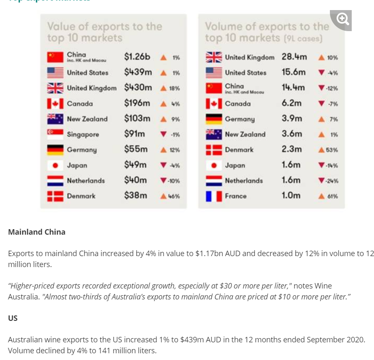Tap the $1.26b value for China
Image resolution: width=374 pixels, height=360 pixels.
click(x=137, y=57)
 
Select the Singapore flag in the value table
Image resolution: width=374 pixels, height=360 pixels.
click(x=55, y=135)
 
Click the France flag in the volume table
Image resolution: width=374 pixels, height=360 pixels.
click(x=214, y=196)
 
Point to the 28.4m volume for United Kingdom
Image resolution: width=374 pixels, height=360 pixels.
click(x=294, y=57)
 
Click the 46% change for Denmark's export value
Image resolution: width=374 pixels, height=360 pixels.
click(x=174, y=196)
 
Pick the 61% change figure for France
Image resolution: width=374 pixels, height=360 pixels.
click(x=332, y=196)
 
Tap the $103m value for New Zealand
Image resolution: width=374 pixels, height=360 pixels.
click(x=137, y=119)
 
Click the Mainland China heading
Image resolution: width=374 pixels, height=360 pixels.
click(x=37, y=232)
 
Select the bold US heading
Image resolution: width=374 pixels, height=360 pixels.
click(x=13, y=318)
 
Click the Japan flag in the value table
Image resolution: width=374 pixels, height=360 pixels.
click(x=55, y=165)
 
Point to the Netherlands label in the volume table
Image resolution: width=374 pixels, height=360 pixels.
click(x=244, y=181)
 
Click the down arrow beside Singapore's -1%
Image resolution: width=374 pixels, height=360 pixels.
click(x=163, y=134)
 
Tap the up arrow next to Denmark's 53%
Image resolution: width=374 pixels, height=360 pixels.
click(x=321, y=150)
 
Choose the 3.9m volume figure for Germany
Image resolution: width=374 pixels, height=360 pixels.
click(x=292, y=119)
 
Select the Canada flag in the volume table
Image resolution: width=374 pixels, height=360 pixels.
click(x=214, y=103)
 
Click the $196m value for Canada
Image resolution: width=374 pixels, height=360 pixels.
click(x=137, y=103)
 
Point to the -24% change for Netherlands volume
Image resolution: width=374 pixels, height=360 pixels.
click(x=332, y=181)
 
